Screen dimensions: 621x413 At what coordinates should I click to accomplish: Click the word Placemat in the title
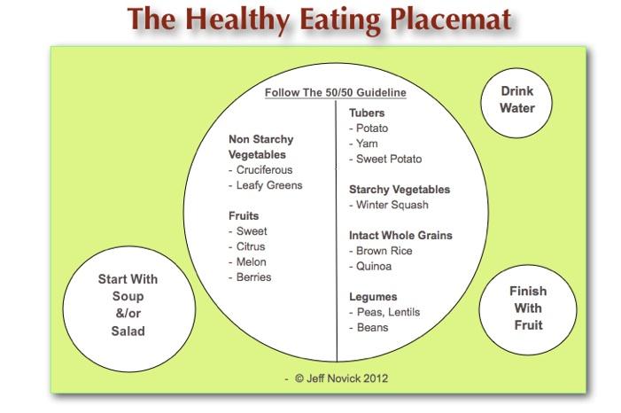450,19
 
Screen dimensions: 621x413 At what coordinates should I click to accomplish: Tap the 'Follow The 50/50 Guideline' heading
336,93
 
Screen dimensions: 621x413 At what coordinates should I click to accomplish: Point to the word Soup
128,296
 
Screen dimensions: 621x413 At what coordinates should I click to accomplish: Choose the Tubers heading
367,113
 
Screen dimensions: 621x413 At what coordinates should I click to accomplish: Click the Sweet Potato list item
385,159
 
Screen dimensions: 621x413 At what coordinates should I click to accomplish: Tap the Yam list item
363,144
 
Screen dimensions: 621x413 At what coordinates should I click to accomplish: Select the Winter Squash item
389,205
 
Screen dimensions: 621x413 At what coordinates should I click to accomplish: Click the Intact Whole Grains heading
400,236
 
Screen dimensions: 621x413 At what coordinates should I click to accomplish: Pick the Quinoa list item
370,267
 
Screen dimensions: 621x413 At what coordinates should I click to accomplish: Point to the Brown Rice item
381,251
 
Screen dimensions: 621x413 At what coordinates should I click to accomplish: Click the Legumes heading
373,297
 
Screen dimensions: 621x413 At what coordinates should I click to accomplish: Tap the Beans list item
369,328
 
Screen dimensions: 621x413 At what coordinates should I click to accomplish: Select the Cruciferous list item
260,170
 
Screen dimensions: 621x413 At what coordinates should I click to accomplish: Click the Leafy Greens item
266,185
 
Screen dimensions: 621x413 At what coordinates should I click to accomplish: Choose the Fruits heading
244,216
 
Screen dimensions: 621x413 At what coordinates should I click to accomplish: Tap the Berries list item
250,277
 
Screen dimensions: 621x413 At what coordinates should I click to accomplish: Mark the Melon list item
247,262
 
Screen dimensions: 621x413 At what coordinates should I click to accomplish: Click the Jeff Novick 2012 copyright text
341,378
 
